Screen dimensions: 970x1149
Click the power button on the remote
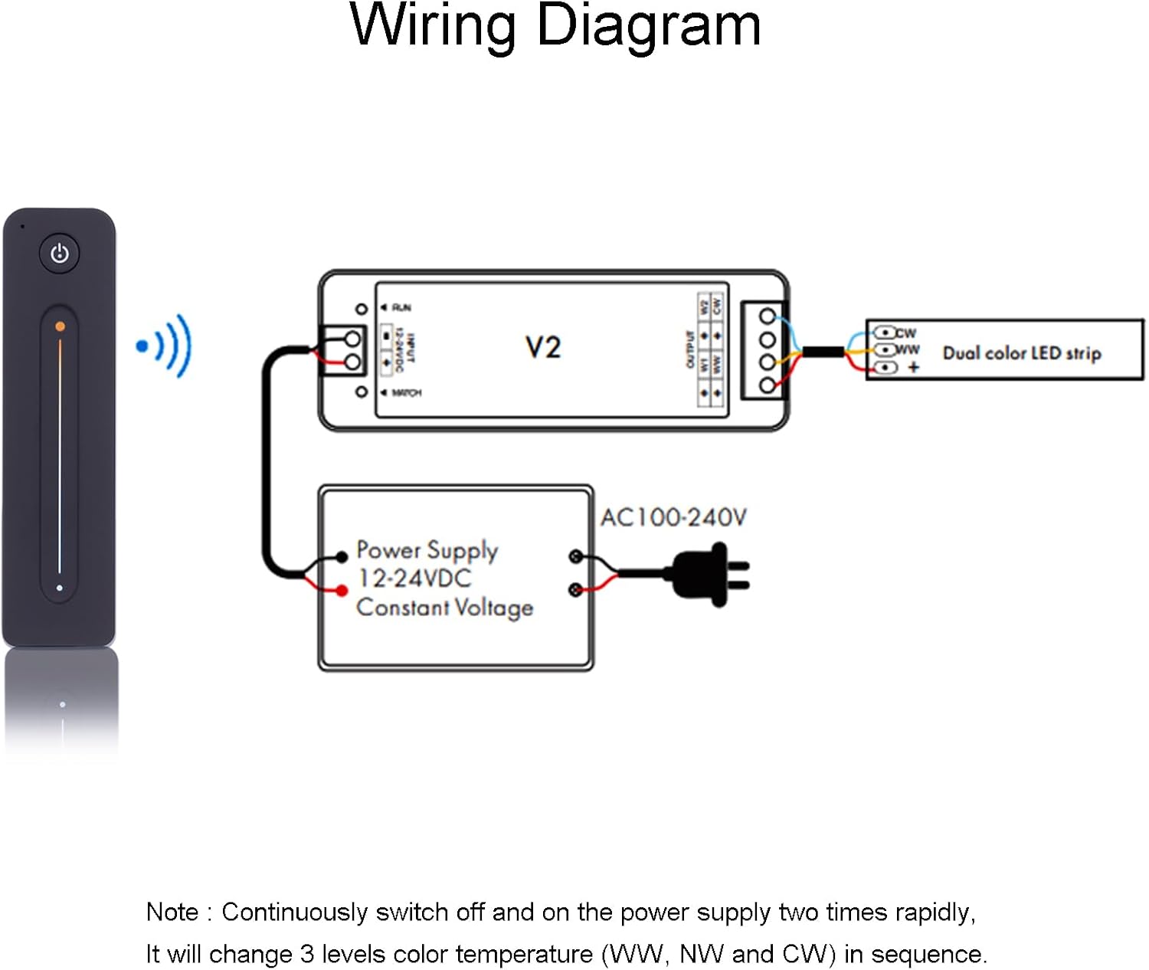[x=60, y=254]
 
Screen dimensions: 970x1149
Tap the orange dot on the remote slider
[x=60, y=327]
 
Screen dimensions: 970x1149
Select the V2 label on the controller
[x=543, y=348]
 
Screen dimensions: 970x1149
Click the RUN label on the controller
[x=401, y=308]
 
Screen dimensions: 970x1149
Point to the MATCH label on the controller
[x=406, y=393]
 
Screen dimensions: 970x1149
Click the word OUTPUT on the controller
[x=689, y=349]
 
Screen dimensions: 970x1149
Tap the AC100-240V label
[x=673, y=518]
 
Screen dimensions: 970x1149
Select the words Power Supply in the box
[x=427, y=550]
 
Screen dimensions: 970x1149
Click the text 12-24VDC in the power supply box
[x=414, y=578]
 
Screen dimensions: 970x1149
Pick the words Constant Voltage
[x=444, y=608]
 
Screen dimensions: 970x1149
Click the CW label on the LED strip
[x=905, y=333]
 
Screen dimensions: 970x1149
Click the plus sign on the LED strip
[x=913, y=368]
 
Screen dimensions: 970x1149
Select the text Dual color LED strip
[x=1022, y=353]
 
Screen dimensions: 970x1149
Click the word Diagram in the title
[x=648, y=26]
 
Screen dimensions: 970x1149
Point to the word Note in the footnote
[x=172, y=913]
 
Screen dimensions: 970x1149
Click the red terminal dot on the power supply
[x=342, y=590]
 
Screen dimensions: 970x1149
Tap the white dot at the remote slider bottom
[x=60, y=588]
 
